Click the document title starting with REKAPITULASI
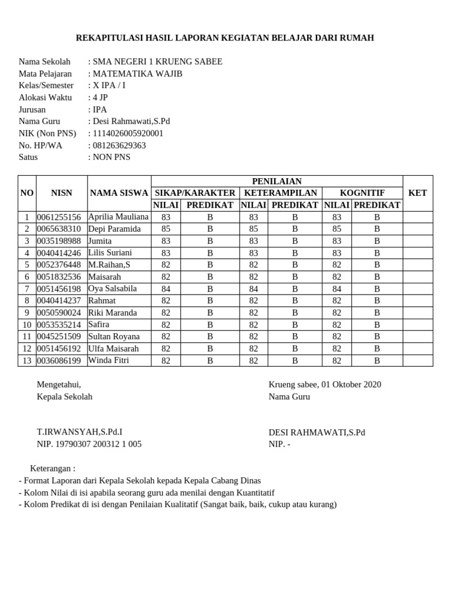(x=225, y=38)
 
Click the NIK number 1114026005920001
(x=127, y=133)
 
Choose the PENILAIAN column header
(x=277, y=181)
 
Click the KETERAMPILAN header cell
(x=281, y=193)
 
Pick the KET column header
(x=418, y=193)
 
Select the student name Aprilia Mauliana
(x=118, y=217)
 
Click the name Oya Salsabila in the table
(x=112, y=289)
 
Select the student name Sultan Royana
(x=114, y=336)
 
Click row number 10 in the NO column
(x=27, y=325)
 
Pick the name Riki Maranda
(x=112, y=313)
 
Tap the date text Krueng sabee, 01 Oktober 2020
(x=325, y=384)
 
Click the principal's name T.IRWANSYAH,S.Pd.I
(x=80, y=432)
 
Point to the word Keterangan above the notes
(x=53, y=469)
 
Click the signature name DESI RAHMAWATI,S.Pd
(x=317, y=432)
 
